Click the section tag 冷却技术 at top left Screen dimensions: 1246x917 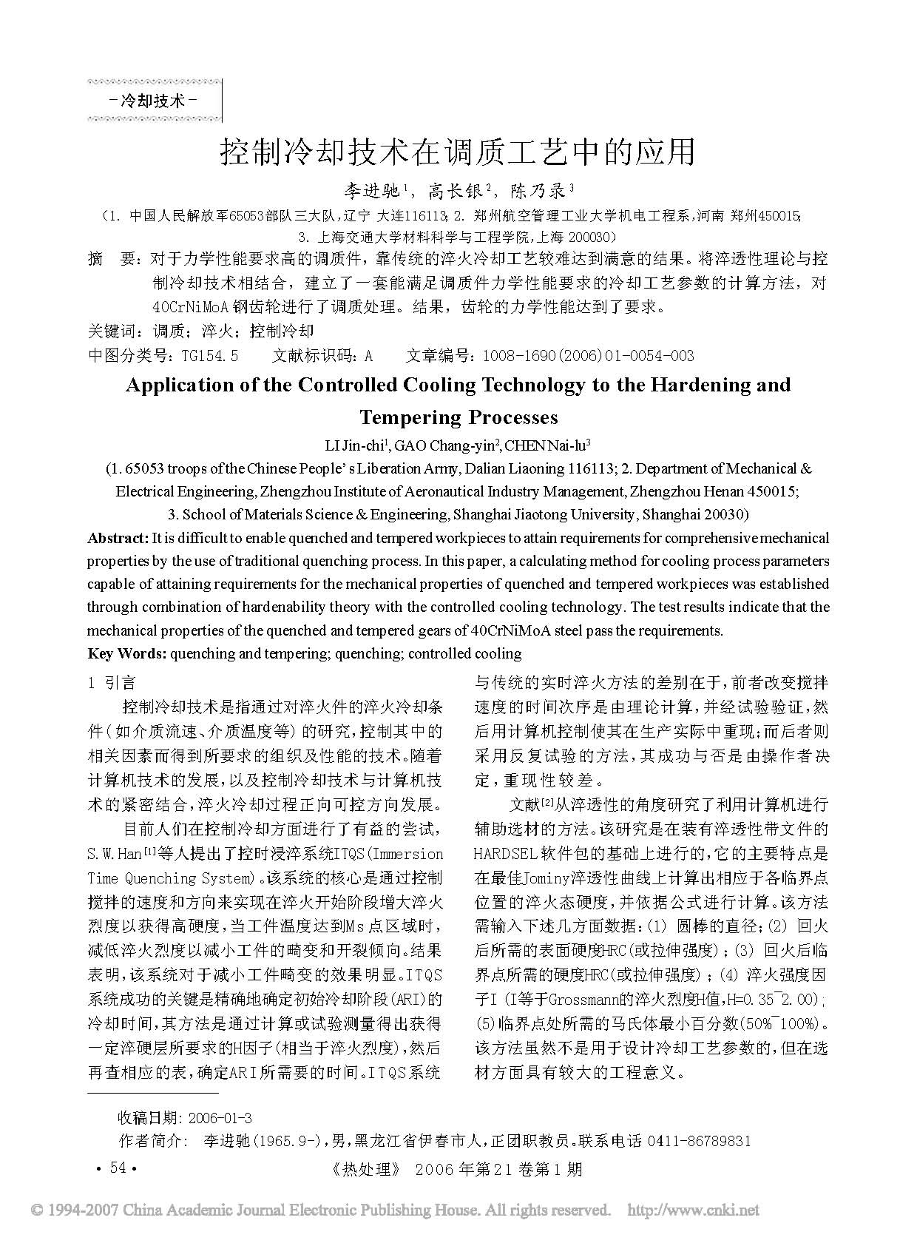[152, 100]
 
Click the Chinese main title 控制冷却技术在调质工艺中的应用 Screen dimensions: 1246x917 [458, 152]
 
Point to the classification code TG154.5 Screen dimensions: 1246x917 [210, 356]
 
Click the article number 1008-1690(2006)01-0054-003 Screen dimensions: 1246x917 [588, 356]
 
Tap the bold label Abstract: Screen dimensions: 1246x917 [118, 538]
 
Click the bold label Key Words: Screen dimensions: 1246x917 [126, 653]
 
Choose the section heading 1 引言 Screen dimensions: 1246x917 [112, 683]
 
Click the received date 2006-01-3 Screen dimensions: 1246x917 [220, 1117]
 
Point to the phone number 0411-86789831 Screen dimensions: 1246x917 [699, 1141]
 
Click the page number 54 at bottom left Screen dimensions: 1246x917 [118, 1168]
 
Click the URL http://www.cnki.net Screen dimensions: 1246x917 [693, 1211]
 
